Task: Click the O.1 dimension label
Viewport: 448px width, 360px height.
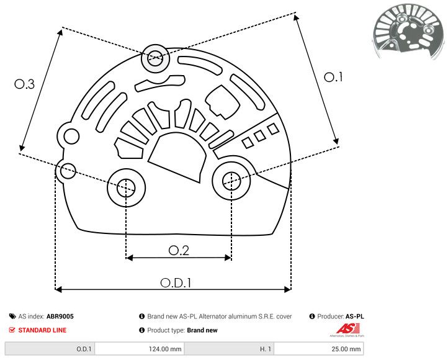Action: [333, 77]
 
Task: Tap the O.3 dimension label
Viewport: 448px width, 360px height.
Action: [24, 85]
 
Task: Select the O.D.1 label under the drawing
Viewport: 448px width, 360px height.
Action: [176, 282]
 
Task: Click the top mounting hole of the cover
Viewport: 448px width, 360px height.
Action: [153, 60]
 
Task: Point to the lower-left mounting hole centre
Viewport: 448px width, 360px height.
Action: [126, 186]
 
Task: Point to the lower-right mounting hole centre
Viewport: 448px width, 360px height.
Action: [231, 181]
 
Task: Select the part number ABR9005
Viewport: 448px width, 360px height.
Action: [60, 317]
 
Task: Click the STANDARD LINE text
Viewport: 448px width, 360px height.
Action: [42, 330]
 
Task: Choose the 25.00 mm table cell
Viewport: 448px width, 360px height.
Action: [346, 349]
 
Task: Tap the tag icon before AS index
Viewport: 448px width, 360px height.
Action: [12, 317]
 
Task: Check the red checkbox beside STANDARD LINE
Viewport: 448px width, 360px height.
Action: [12, 330]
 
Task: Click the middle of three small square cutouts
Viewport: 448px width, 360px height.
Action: [259, 135]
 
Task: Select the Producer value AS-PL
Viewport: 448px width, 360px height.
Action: [354, 317]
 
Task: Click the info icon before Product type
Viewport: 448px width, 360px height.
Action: [142, 330]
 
